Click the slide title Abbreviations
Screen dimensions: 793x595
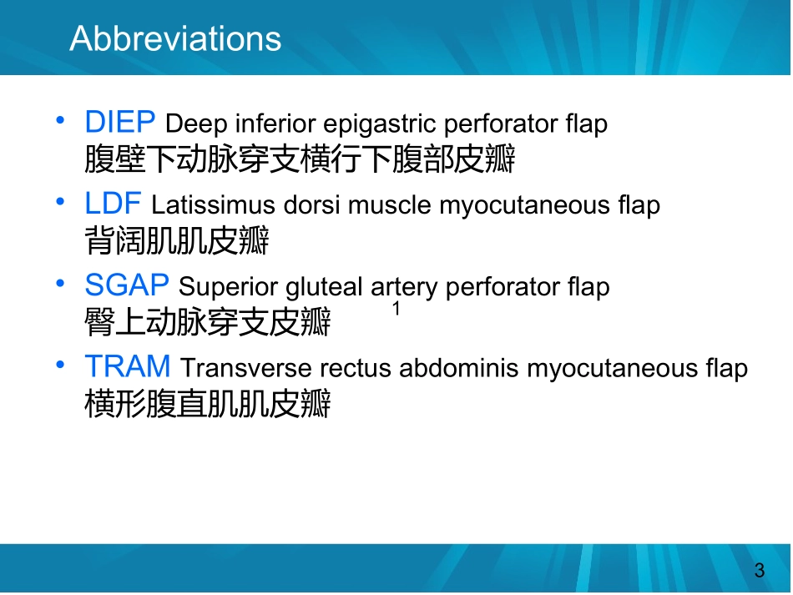pos(175,38)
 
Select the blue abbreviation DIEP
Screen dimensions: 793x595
pos(120,122)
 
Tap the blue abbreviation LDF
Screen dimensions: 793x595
pos(113,204)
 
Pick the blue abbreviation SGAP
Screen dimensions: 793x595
pos(127,285)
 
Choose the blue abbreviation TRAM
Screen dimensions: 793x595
pos(128,366)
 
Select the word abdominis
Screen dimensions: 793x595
pos(459,367)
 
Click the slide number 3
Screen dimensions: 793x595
pos(759,571)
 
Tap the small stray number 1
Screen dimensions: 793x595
pos(396,309)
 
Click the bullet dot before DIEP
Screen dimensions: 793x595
pos(60,120)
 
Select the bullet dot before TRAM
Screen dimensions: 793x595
pos(60,365)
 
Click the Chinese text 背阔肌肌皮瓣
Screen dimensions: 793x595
pos(177,240)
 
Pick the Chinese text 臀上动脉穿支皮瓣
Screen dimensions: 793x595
pos(208,321)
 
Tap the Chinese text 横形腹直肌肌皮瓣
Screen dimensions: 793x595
pos(208,403)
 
